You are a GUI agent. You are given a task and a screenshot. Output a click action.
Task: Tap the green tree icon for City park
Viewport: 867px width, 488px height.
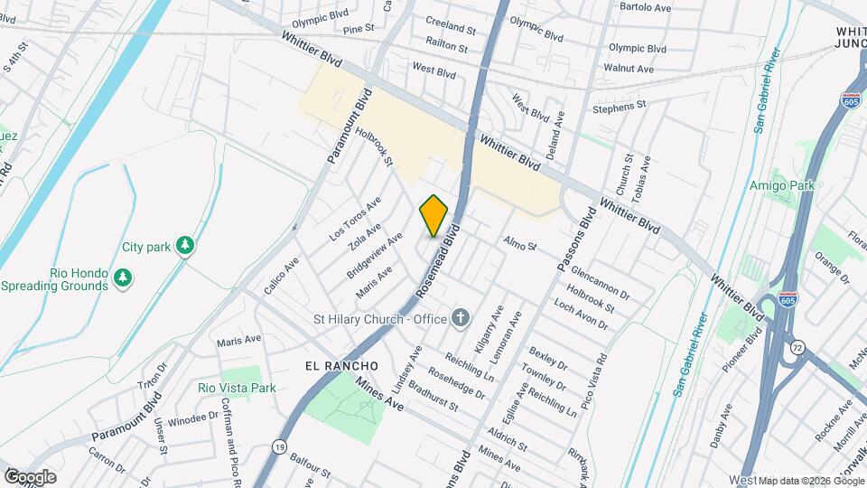pos(185,245)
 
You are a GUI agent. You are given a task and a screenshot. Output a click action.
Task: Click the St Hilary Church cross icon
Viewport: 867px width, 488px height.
pos(461,317)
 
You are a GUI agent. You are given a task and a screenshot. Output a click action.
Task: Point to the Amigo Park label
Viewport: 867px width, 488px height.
pos(782,185)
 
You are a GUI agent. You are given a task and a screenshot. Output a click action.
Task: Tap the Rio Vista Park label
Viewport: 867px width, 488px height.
pos(237,388)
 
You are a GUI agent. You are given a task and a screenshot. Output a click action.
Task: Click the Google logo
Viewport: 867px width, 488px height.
pos(30,476)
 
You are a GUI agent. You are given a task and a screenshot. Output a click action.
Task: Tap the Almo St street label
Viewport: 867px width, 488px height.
pos(520,244)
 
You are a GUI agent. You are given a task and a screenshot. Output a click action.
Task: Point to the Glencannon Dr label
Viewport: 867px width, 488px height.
pos(600,279)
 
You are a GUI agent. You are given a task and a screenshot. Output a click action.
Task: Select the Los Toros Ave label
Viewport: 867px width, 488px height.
pos(355,218)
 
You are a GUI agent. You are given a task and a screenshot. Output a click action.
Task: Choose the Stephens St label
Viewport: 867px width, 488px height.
pos(620,107)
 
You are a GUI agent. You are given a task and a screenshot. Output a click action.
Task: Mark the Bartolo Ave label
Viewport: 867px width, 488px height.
pos(645,6)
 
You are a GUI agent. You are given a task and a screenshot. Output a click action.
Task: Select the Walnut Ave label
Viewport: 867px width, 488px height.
pos(629,68)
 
